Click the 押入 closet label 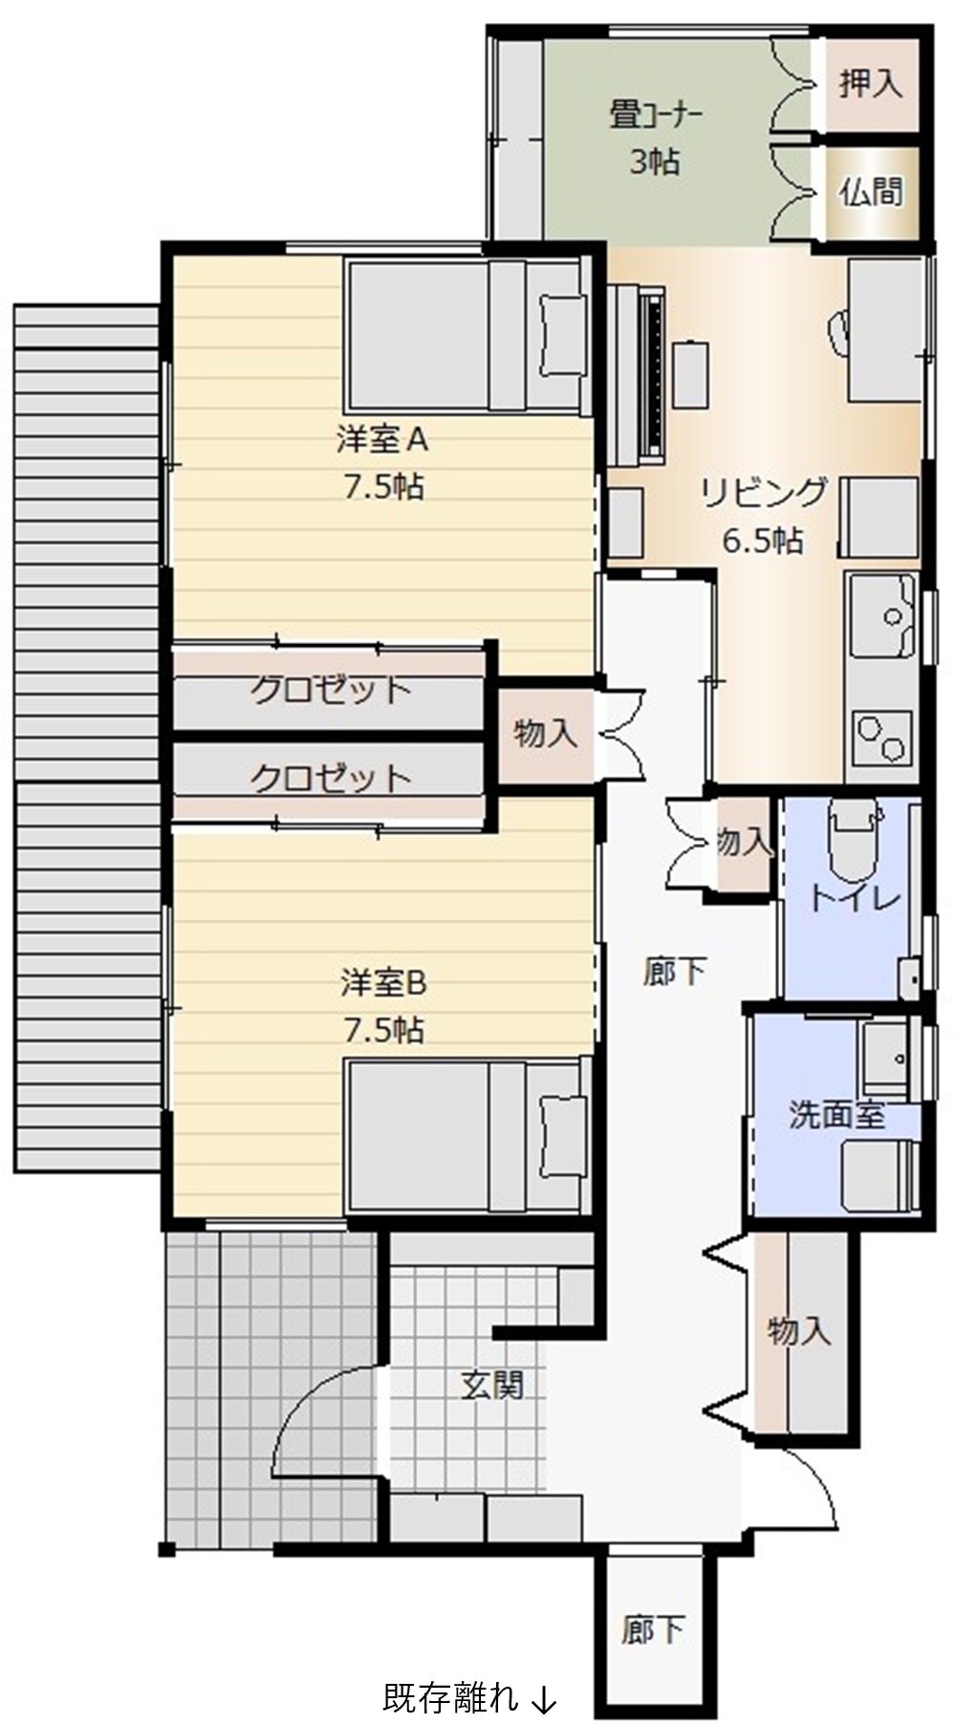tap(871, 83)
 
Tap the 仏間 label tap(871, 191)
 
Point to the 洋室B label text tap(383, 981)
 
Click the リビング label tap(763, 493)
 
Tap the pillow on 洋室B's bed tap(563, 1135)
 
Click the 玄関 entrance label tap(492, 1384)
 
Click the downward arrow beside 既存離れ tap(542, 1698)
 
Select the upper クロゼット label tap(331, 690)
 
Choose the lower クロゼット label tap(331, 779)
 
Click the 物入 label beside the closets tap(546, 733)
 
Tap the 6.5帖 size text tap(762, 541)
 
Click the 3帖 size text tap(655, 162)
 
